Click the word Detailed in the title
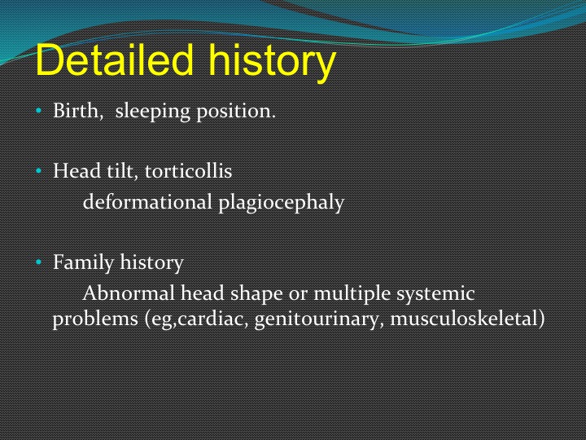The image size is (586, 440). [x=115, y=59]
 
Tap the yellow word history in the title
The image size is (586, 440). [x=273, y=63]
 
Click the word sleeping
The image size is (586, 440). [x=152, y=112]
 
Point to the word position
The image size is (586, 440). [x=236, y=112]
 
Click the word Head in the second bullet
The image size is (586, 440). [x=77, y=170]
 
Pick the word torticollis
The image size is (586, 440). [x=188, y=170]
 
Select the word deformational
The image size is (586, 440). [x=147, y=202]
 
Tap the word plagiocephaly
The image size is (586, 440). [x=281, y=203]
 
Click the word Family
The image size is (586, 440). [x=83, y=262]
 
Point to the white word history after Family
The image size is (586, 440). [x=151, y=262]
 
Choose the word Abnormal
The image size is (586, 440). [x=129, y=293]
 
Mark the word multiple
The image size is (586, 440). [x=352, y=294]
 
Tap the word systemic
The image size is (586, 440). [x=435, y=294]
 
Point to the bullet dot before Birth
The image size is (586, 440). [x=38, y=111]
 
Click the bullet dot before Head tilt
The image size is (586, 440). [x=38, y=171]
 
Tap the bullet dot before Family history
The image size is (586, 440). [x=38, y=262]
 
